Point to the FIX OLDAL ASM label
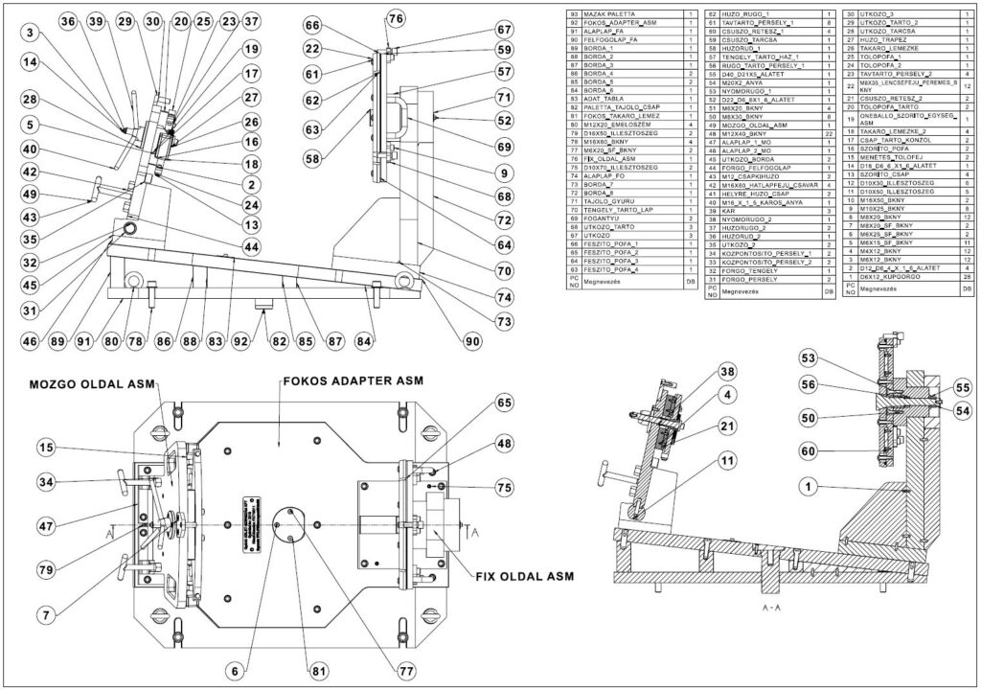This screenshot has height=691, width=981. point(524,576)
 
